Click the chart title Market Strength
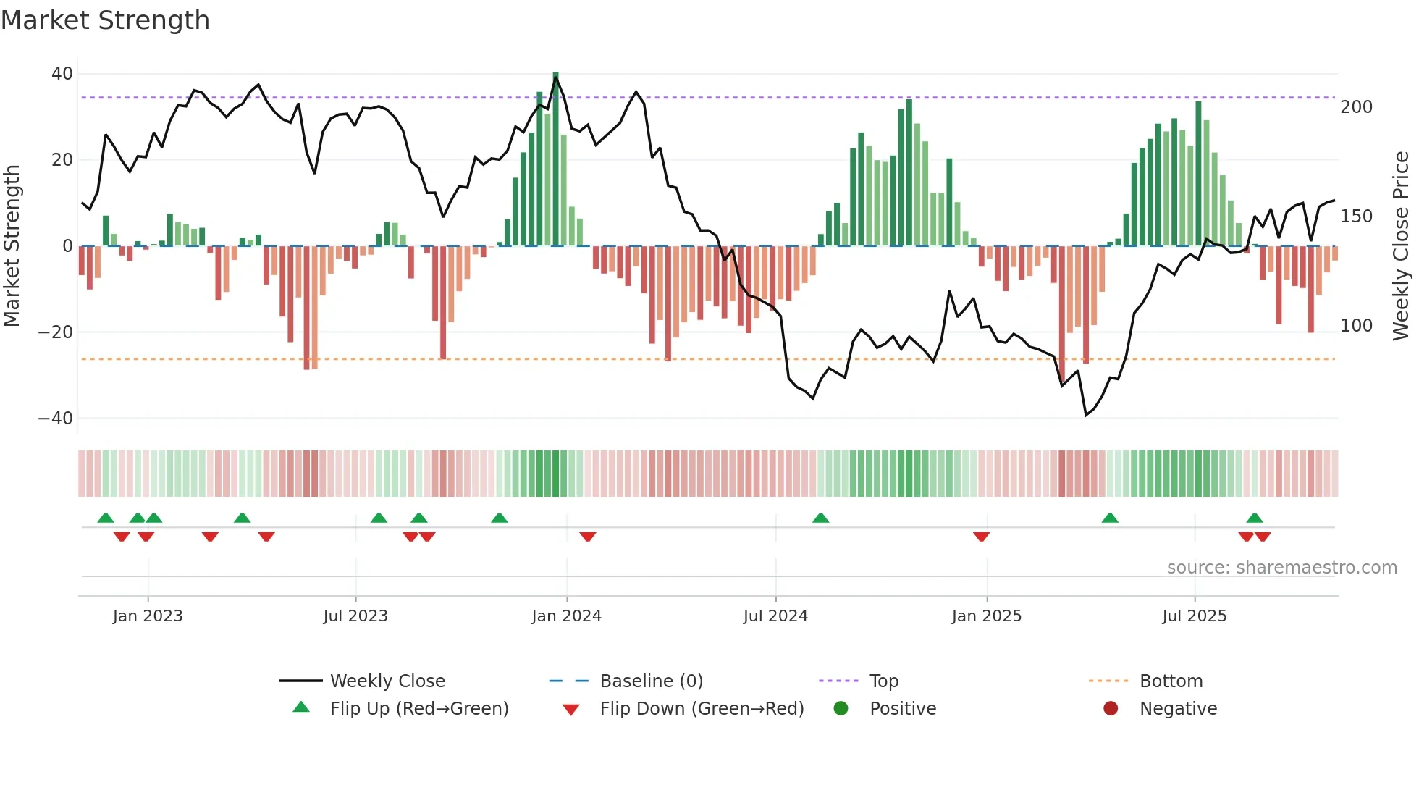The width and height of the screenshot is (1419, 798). [x=105, y=20]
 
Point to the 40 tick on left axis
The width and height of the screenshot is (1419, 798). [x=62, y=74]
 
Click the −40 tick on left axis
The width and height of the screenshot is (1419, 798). [x=56, y=419]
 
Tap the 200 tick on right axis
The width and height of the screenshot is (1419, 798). [x=1356, y=107]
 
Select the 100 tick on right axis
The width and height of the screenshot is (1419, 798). [x=1356, y=326]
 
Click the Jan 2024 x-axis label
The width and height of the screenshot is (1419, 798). [x=566, y=616]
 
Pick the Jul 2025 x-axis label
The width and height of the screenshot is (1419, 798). [x=1194, y=616]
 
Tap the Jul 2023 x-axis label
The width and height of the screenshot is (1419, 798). [x=355, y=616]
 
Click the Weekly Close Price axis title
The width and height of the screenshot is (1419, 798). [x=1401, y=246]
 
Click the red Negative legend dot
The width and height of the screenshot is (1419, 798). [x=1110, y=709]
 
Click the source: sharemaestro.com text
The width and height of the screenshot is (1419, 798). [x=1281, y=568]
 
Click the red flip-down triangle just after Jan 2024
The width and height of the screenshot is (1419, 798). [x=587, y=537]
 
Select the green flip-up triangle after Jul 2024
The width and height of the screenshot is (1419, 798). [x=820, y=518]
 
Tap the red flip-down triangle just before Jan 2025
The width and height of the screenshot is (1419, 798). [x=981, y=537]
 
